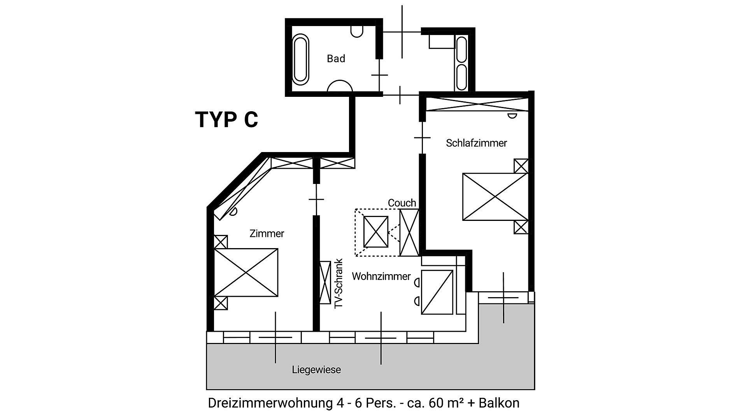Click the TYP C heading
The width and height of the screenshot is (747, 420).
pos(226,119)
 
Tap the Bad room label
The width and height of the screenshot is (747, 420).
pos(336,59)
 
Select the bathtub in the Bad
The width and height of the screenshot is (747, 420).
pos(301,60)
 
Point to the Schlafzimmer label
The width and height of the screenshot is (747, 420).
pos(476,143)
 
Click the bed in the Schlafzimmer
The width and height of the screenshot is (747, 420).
pos(495,197)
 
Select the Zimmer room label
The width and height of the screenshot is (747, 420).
pos(267,234)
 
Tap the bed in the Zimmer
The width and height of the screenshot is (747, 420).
pos(246,273)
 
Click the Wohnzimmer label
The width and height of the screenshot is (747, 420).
pos(381,276)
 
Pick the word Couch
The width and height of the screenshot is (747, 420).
pos(402,203)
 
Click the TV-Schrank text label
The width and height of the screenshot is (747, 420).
pos(339,283)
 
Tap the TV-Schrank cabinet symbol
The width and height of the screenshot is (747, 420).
pos(324,283)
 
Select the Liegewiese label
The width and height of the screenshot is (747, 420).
pos(316,370)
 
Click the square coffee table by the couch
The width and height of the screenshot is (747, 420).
pos(376,232)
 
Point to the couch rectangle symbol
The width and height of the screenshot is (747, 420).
pos(409,233)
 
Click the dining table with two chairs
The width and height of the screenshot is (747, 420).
pos(434,292)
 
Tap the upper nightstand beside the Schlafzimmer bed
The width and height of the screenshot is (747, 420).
pos(521,166)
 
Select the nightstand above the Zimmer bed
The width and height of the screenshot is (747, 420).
pos(221,242)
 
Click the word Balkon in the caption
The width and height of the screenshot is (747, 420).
pos(499,403)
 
